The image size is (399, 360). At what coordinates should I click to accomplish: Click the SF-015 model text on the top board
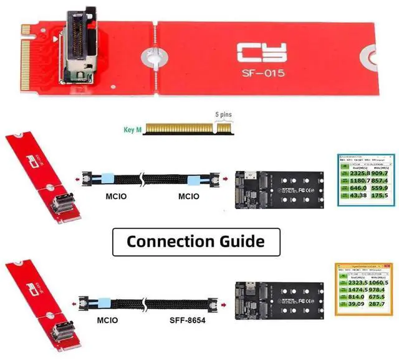tap(263, 74)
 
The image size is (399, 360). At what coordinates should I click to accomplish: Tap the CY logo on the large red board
tap(263, 52)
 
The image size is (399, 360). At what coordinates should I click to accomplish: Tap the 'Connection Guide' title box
tap(196, 241)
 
